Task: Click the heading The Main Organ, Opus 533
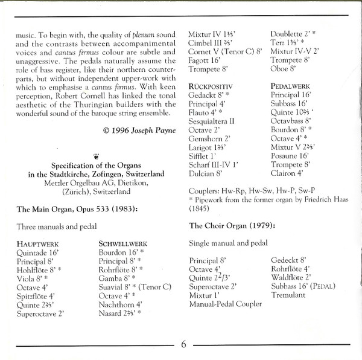tap(77, 210)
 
